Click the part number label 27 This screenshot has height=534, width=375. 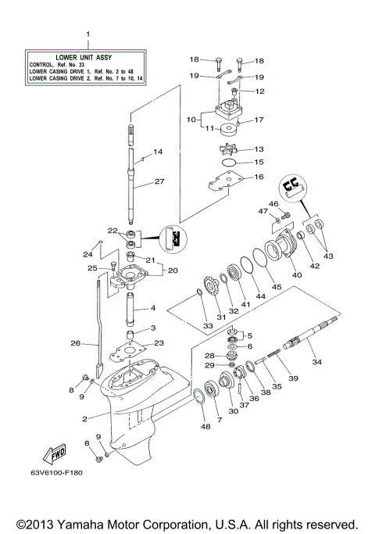pyautogui.click(x=159, y=181)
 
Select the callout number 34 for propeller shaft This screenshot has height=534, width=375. pyautogui.click(x=316, y=362)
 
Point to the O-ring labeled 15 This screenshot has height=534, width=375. pyautogui.click(x=229, y=163)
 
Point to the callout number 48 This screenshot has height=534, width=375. pyautogui.click(x=205, y=427)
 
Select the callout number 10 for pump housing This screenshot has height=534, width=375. pyautogui.click(x=190, y=120)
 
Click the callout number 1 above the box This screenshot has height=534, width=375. pyautogui.click(x=87, y=34)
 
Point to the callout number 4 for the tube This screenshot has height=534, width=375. pyautogui.click(x=153, y=308)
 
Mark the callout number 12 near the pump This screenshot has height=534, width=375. pyautogui.click(x=260, y=91)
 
